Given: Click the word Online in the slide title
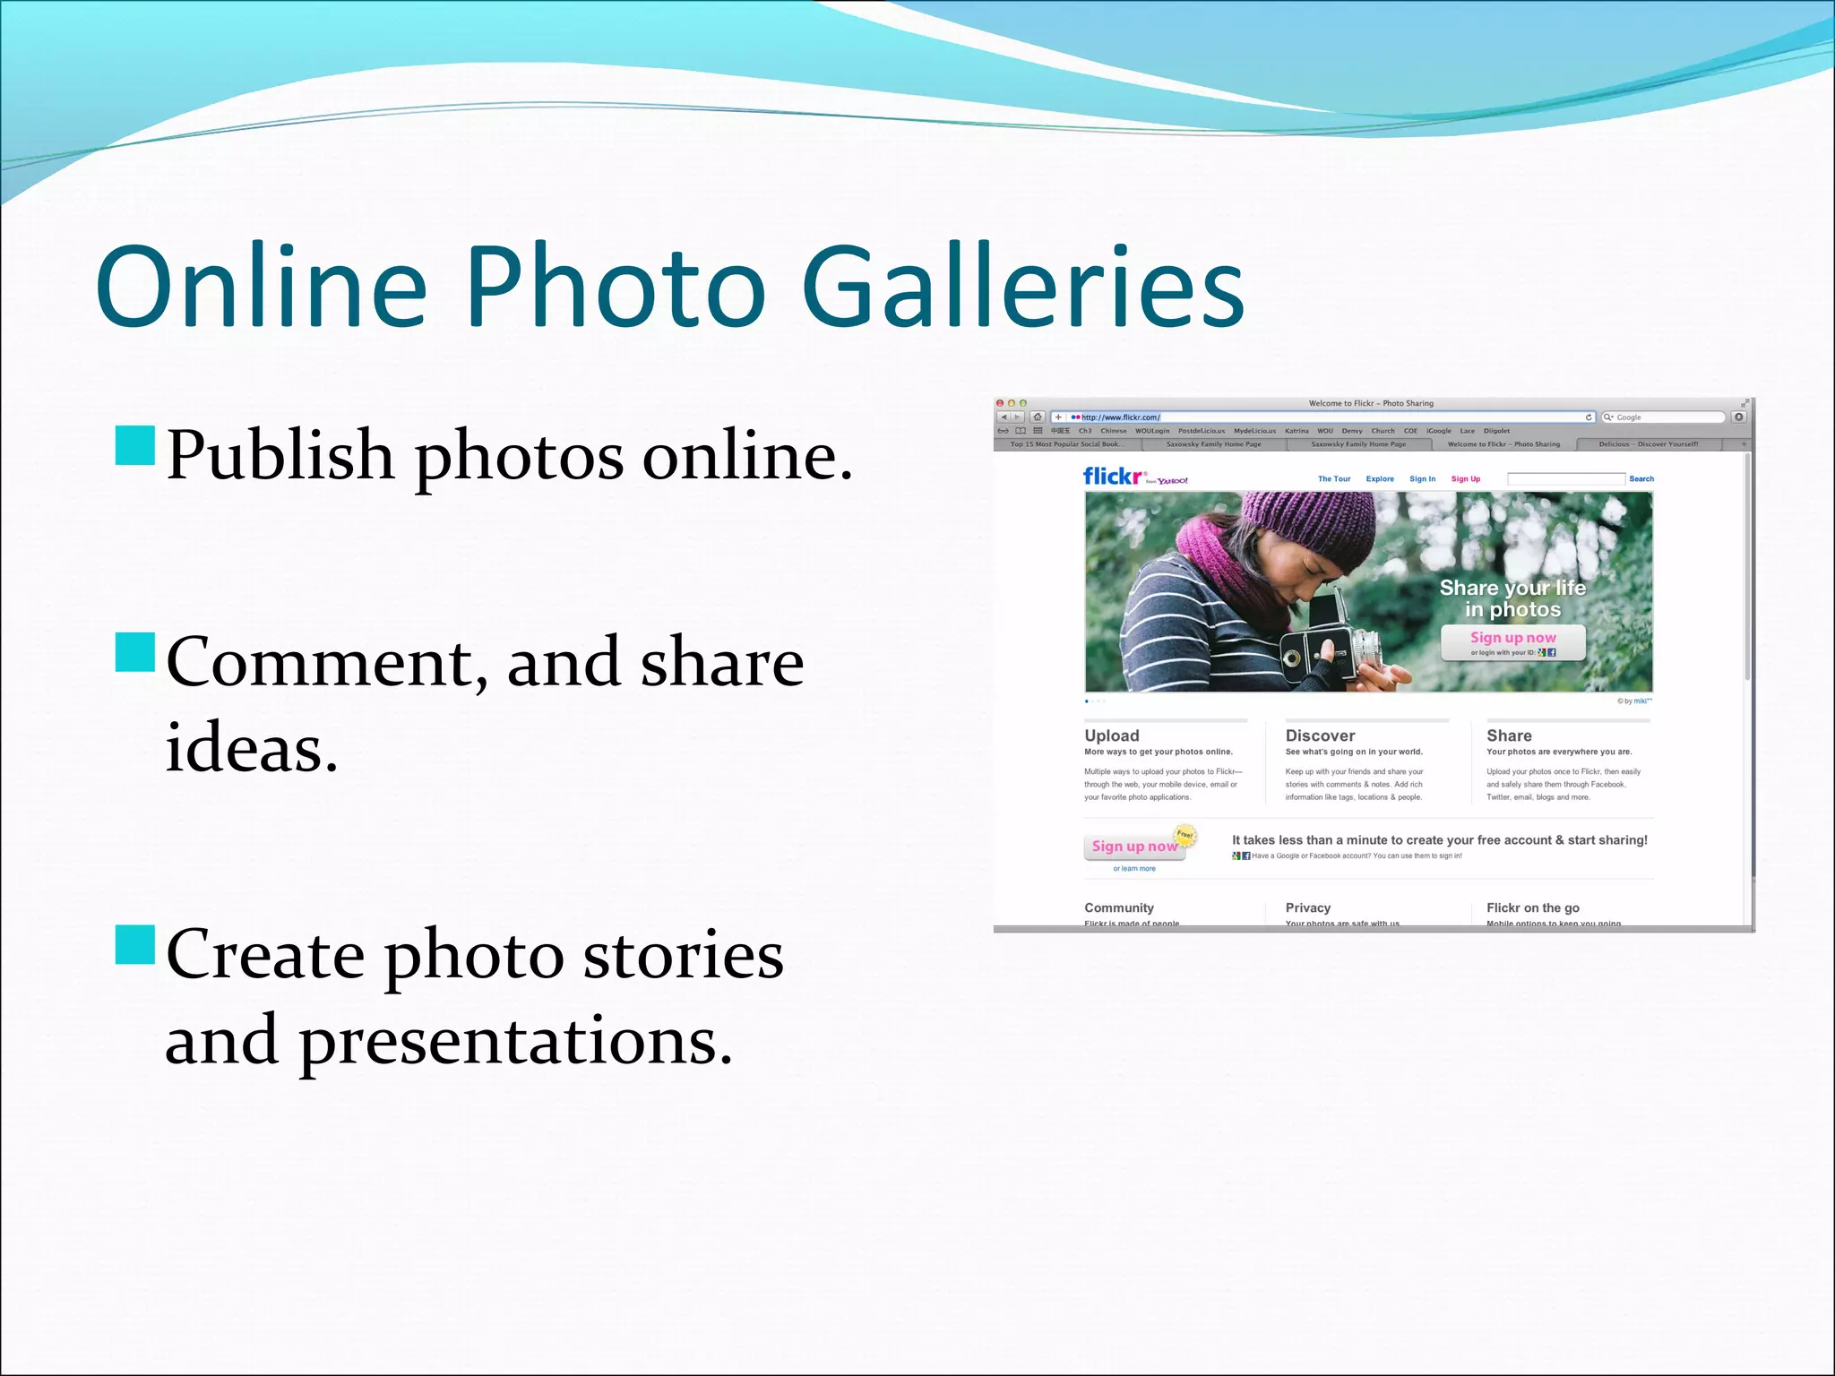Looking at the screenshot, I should coord(261,287).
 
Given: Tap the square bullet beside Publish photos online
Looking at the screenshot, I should coord(135,446).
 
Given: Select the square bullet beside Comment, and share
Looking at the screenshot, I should coord(135,652).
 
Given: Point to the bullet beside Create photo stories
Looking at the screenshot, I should coord(135,944).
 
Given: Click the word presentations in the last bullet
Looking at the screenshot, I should coord(515,1041).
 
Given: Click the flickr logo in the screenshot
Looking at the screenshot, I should coord(1114,477).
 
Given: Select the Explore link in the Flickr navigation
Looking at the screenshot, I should coord(1380,479).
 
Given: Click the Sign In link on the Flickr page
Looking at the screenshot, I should coord(1422,479).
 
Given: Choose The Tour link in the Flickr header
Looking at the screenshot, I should coord(1334,479).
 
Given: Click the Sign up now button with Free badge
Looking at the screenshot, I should coord(1134,847).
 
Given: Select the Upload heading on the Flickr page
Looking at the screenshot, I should coord(1112,735).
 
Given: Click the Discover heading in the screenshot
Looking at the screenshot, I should coord(1320,735).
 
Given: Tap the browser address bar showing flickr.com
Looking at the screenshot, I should coord(1326,417).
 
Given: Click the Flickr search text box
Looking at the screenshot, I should coord(1565,479).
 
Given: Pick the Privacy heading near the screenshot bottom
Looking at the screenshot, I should coord(1308,907).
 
